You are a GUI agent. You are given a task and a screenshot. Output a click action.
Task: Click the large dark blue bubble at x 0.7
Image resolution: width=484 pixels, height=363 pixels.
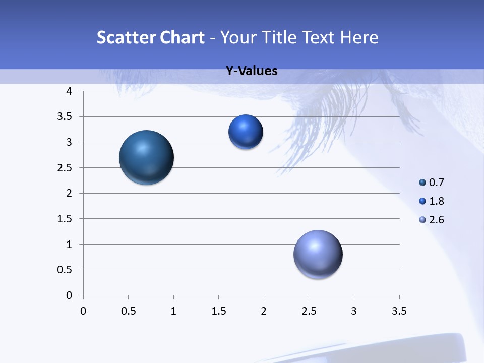147,157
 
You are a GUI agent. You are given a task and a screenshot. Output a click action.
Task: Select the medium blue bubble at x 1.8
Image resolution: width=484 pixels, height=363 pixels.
246,132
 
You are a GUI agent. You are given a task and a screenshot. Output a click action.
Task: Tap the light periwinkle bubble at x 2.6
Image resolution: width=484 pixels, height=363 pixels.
318,255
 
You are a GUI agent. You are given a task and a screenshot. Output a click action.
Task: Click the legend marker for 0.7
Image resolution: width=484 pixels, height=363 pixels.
422,183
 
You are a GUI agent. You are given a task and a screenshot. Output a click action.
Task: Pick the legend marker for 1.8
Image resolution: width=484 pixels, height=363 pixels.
422,201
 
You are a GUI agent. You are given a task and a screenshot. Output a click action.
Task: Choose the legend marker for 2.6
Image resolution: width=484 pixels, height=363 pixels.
422,219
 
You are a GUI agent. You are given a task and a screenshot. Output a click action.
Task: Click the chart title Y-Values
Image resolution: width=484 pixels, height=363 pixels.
252,71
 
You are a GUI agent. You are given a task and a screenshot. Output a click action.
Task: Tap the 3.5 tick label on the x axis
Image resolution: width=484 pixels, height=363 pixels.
399,311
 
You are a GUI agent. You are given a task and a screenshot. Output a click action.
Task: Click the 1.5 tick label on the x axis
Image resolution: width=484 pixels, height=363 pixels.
218,311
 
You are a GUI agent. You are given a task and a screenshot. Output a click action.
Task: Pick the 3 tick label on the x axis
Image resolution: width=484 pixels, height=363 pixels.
354,311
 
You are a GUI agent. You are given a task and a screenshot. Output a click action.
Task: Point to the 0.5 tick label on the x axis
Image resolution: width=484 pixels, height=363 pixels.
128,311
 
